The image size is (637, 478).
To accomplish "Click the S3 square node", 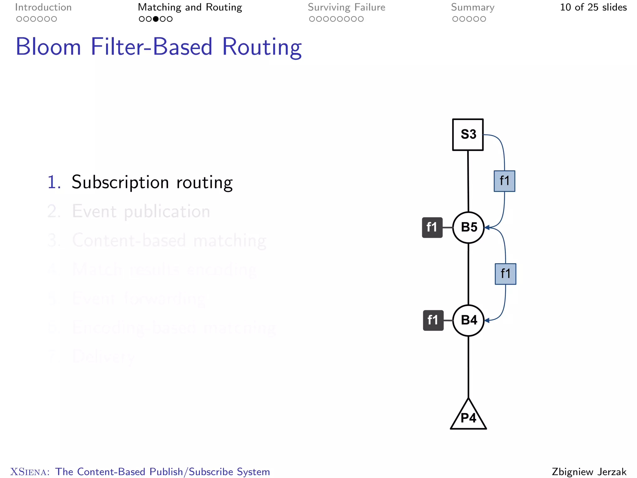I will [x=468, y=135].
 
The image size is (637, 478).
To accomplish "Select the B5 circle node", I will [x=468, y=227].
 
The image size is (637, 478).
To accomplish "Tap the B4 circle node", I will [x=468, y=320].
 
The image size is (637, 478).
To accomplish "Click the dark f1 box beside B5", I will [x=432, y=227].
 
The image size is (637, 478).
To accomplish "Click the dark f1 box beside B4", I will [x=433, y=320].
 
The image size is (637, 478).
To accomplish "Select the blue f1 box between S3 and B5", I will [x=504, y=181].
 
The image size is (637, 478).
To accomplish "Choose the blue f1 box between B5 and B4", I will [x=505, y=274].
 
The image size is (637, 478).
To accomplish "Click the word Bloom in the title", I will [x=49, y=47].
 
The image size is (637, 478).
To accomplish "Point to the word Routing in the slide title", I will [x=262, y=47].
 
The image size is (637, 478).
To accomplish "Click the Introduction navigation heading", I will [x=43, y=7].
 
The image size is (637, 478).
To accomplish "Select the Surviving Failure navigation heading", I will [x=346, y=7].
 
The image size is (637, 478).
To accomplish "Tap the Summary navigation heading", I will [x=472, y=7].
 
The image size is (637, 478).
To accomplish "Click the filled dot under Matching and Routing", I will [x=156, y=19].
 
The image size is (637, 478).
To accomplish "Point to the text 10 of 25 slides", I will [x=593, y=7].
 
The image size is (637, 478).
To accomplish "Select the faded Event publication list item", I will [x=141, y=212].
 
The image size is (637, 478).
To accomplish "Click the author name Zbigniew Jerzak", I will [x=589, y=471].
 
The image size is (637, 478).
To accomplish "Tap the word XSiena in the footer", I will [x=30, y=472].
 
